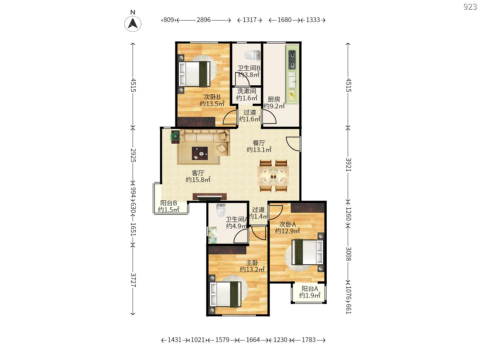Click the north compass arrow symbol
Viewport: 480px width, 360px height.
(133, 23)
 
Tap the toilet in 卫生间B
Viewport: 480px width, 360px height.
(252, 56)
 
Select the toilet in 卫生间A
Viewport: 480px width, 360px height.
(221, 210)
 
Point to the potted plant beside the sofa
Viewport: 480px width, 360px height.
(175, 137)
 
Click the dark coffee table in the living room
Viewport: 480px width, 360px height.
(200, 153)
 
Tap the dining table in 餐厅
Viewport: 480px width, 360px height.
(273, 176)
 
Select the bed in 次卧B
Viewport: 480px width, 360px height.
(194, 74)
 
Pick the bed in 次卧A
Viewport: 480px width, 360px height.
(307, 252)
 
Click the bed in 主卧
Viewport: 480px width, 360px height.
(225, 294)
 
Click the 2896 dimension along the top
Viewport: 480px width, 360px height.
(203, 20)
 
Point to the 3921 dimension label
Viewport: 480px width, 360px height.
(348, 165)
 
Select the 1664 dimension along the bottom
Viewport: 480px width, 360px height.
(253, 340)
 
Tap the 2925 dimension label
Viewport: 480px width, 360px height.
(133, 155)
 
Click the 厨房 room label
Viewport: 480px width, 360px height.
(274, 99)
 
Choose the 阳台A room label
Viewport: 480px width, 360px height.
(310, 289)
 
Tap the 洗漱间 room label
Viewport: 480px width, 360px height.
(247, 91)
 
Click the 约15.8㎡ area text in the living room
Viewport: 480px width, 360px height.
(198, 180)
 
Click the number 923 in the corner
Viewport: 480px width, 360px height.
(470, 7)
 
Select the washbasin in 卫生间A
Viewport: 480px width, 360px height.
(212, 235)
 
